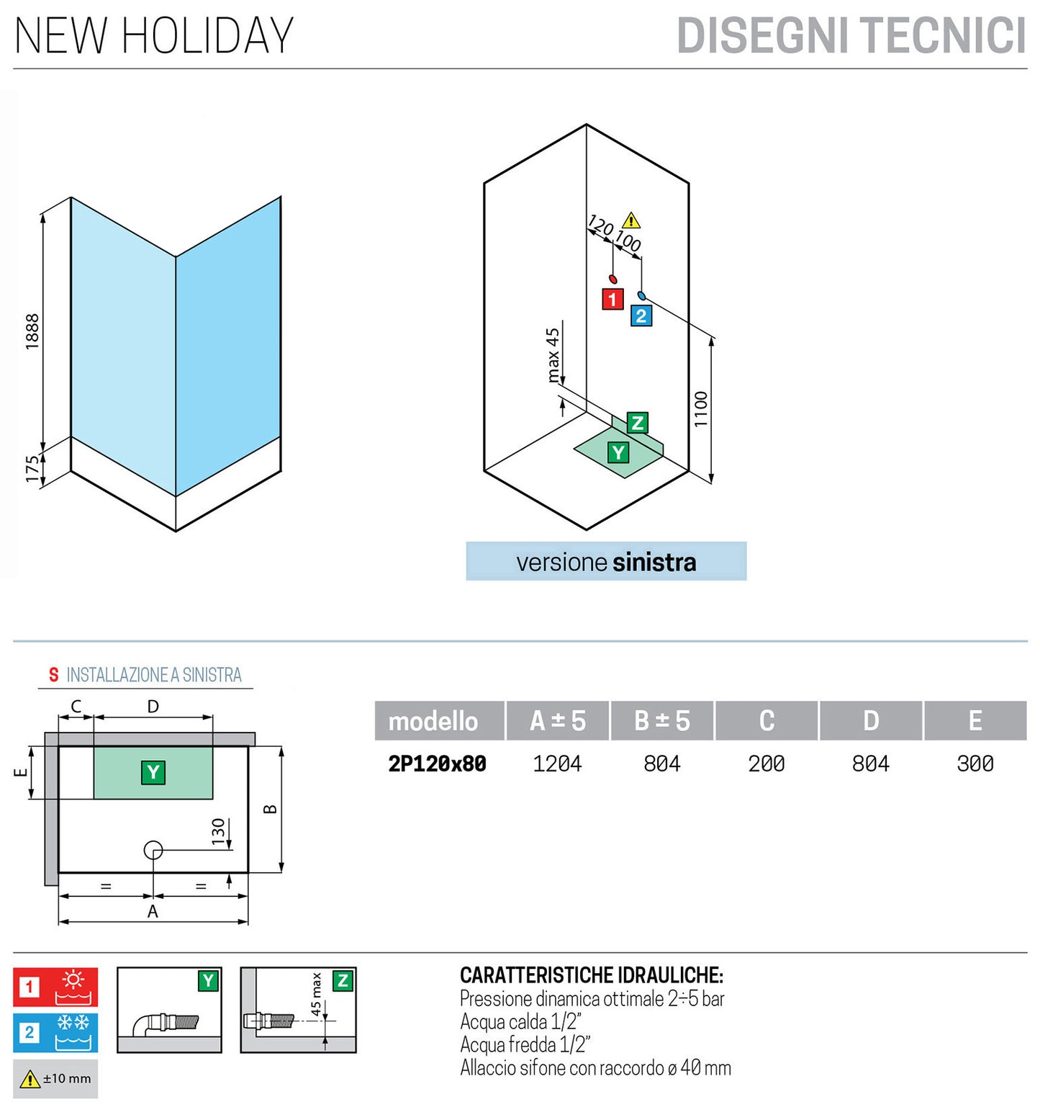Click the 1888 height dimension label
click(32, 331)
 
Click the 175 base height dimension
click(32, 468)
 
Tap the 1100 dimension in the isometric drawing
click(701, 409)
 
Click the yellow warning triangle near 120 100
click(631, 220)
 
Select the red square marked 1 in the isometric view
click(612, 299)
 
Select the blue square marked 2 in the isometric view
click(641, 315)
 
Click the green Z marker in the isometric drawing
click(637, 423)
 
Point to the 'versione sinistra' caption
click(606, 562)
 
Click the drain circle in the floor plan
click(153, 850)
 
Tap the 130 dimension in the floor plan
click(218, 831)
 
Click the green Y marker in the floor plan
click(153, 772)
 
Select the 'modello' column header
click(433, 721)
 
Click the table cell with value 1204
click(557, 764)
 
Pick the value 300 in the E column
click(975, 764)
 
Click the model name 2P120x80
click(438, 764)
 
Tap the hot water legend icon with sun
click(56, 987)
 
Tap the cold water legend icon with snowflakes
click(56, 1032)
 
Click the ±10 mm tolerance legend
click(56, 1078)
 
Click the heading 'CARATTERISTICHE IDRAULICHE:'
click(591, 975)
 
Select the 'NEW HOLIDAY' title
click(154, 36)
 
